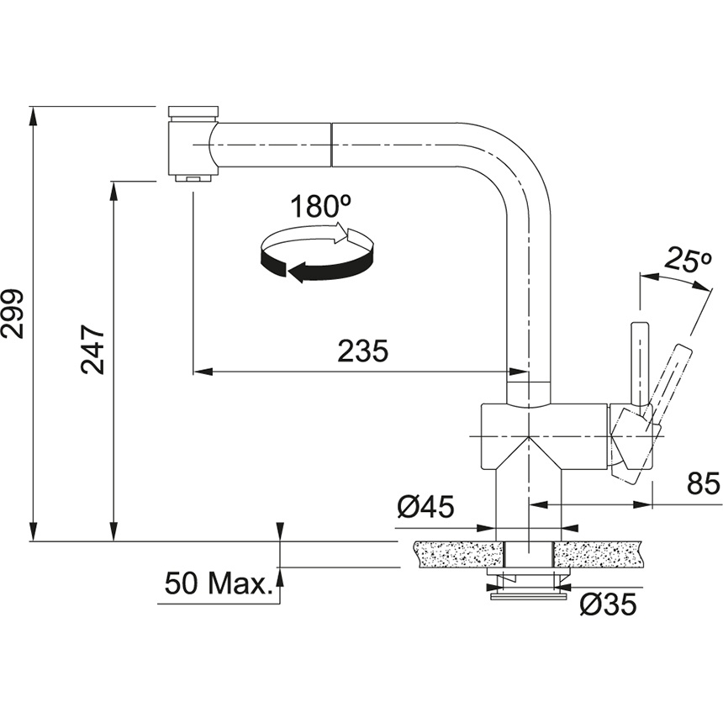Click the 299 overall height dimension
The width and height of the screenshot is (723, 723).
coord(13,314)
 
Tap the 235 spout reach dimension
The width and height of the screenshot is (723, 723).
coord(363,351)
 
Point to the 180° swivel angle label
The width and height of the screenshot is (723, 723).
coord(320,206)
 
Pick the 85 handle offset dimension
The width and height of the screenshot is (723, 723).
coord(703,484)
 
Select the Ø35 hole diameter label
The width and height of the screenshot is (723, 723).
coord(608,604)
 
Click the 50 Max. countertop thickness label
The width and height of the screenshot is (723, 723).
coord(217,583)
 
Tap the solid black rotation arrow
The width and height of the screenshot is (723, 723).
coord(318,265)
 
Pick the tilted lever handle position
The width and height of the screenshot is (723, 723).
coord(669,381)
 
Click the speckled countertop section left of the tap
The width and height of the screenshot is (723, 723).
coord(458,554)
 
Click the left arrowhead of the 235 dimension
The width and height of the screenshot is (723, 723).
coord(203,372)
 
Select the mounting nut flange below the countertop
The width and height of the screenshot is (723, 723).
coord(529,572)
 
